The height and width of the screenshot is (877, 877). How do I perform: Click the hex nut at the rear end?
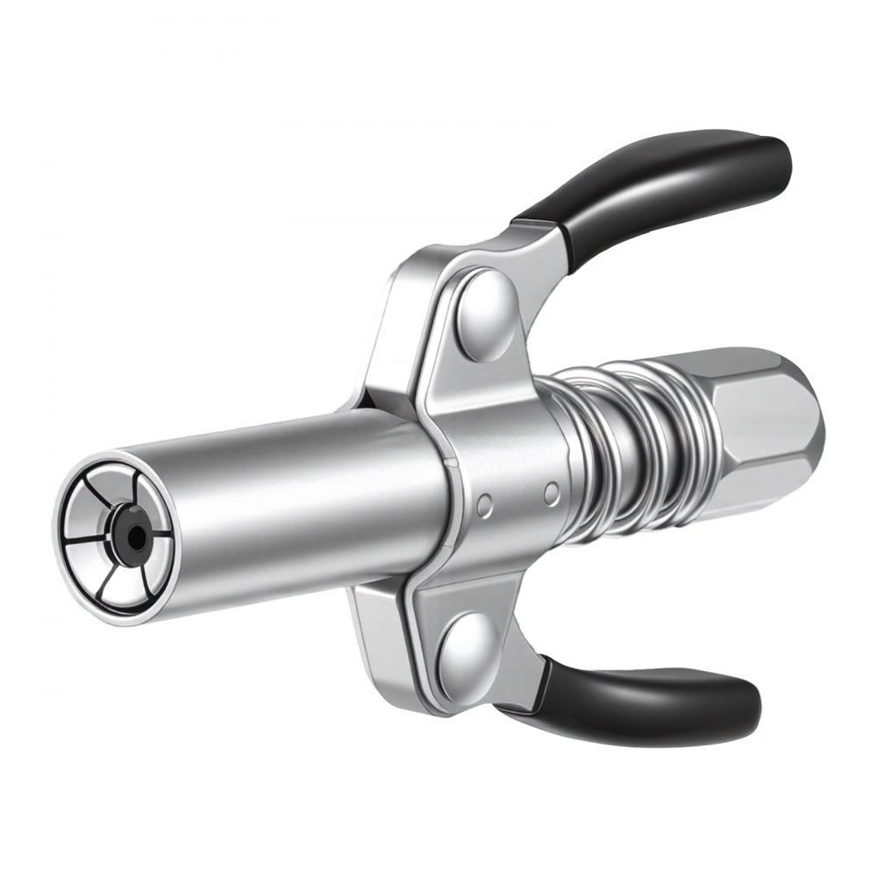[763, 438]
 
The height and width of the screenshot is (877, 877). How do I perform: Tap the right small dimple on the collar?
[551, 493]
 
